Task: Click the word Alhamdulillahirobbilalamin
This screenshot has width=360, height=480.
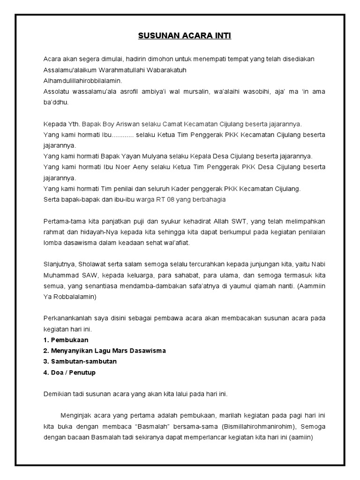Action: (82, 80)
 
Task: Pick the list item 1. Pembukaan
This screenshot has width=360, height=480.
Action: (66, 339)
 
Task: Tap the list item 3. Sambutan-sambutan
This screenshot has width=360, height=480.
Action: (80, 361)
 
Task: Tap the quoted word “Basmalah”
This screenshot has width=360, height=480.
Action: (148, 427)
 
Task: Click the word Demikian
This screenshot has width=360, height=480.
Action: (58, 394)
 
